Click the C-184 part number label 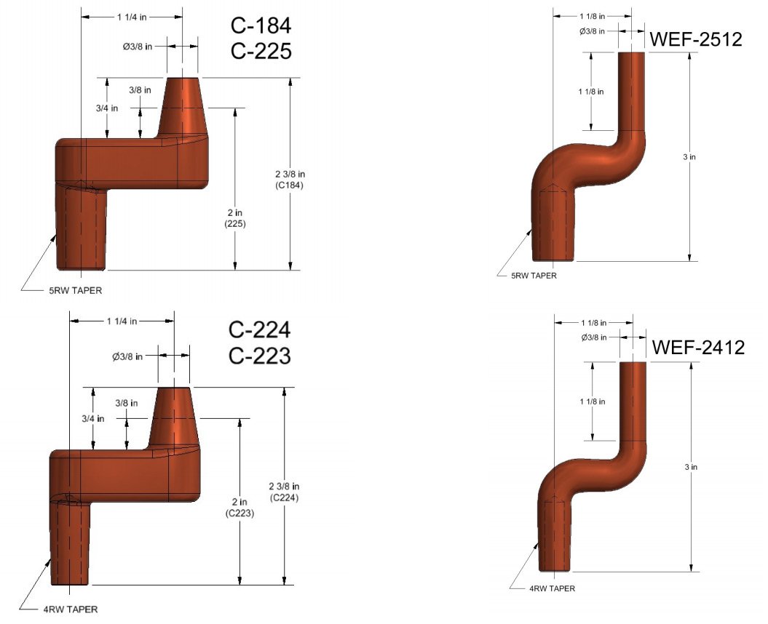261,26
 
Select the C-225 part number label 261,52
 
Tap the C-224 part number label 260,330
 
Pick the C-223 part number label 260,356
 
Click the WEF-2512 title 696,39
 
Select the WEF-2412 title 697,348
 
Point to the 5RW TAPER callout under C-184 71,290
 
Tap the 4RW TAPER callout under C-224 68,609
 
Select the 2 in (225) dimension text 235,218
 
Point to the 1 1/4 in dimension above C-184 132,15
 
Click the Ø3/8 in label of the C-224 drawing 127,356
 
